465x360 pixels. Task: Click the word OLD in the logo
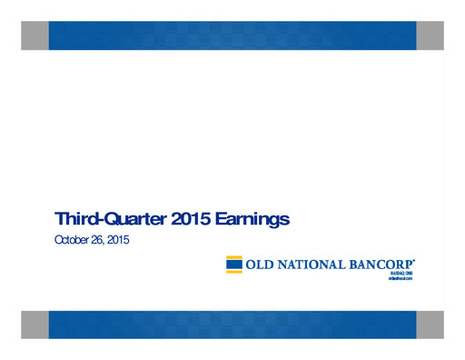point(261,265)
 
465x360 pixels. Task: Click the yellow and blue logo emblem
point(233,265)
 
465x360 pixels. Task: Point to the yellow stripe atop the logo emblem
point(233,258)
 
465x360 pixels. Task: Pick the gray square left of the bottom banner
point(35,325)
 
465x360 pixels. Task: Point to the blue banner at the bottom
point(232,325)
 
